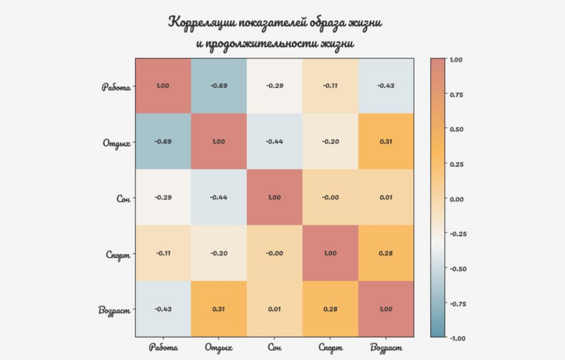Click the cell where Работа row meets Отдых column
[218, 85]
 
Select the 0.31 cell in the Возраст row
[218, 308]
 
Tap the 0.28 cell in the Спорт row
[386, 253]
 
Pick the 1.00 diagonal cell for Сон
[274, 197]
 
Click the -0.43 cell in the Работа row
[386, 85]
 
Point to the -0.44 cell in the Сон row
[218, 197]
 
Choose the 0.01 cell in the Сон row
[386, 197]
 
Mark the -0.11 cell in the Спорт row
[163, 253]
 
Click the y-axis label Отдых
[116, 142]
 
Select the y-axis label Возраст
[114, 310]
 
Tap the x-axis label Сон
[274, 347]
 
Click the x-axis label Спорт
[330, 347]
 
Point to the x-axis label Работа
[163, 347]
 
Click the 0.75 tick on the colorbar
[456, 95]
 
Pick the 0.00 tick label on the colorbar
[456, 199]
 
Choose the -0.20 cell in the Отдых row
[330, 141]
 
